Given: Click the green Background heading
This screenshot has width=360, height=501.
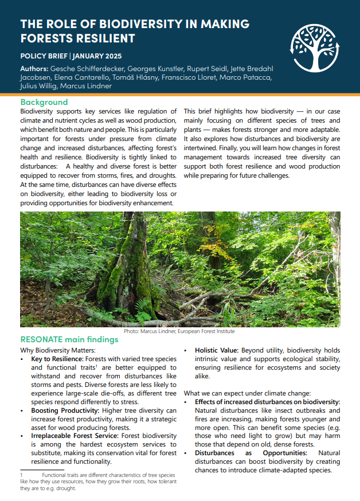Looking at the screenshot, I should click(44, 102).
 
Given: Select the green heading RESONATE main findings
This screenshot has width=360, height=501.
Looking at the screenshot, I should click(69, 339).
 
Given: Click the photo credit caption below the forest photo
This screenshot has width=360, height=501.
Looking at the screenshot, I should click(179, 331).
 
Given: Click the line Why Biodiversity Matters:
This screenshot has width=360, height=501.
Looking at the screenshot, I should click(58, 350).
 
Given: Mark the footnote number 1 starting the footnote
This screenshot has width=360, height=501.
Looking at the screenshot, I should click(21, 475).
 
